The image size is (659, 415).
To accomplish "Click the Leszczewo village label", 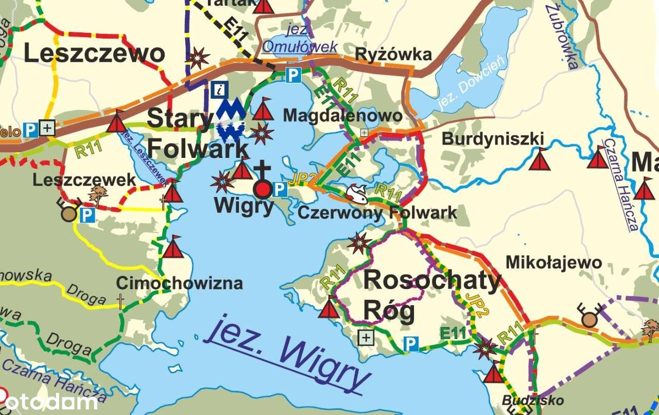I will pos(94,53).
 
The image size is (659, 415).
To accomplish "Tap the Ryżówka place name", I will pos(393,54).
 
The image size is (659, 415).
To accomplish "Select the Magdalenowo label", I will pos(342,115).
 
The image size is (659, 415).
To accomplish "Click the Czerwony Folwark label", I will pos(377,212).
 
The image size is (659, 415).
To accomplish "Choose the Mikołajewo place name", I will pos(553,262).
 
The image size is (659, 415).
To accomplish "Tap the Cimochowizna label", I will pos(179,283).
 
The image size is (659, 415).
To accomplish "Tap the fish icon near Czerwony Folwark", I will pos(357,193).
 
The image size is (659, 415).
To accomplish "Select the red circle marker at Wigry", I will pos(263,190).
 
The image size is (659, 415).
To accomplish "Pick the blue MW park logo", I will pos(230,120).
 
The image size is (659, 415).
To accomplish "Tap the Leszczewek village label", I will pos(84,180).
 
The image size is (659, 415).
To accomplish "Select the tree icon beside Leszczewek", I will pos(97,195).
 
